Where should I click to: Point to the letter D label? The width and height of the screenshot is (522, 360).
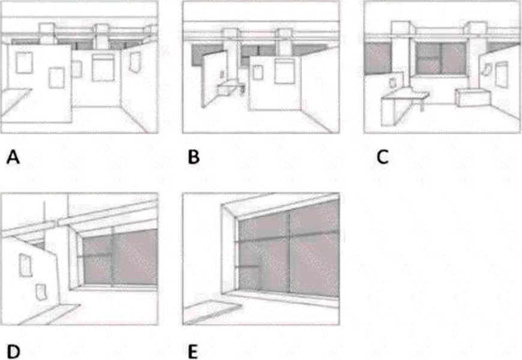[x=13, y=352]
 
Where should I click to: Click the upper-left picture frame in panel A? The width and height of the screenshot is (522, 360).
[x=24, y=62]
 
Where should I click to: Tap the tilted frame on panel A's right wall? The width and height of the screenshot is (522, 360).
[x=134, y=60]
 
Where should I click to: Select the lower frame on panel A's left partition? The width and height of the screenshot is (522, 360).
[x=56, y=76]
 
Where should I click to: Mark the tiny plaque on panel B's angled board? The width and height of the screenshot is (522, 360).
[x=222, y=74]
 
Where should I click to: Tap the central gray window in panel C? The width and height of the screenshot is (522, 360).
[x=441, y=58]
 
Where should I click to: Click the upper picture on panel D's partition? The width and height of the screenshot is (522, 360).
[x=26, y=264]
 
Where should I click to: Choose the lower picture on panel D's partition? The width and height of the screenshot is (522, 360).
[x=41, y=292]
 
